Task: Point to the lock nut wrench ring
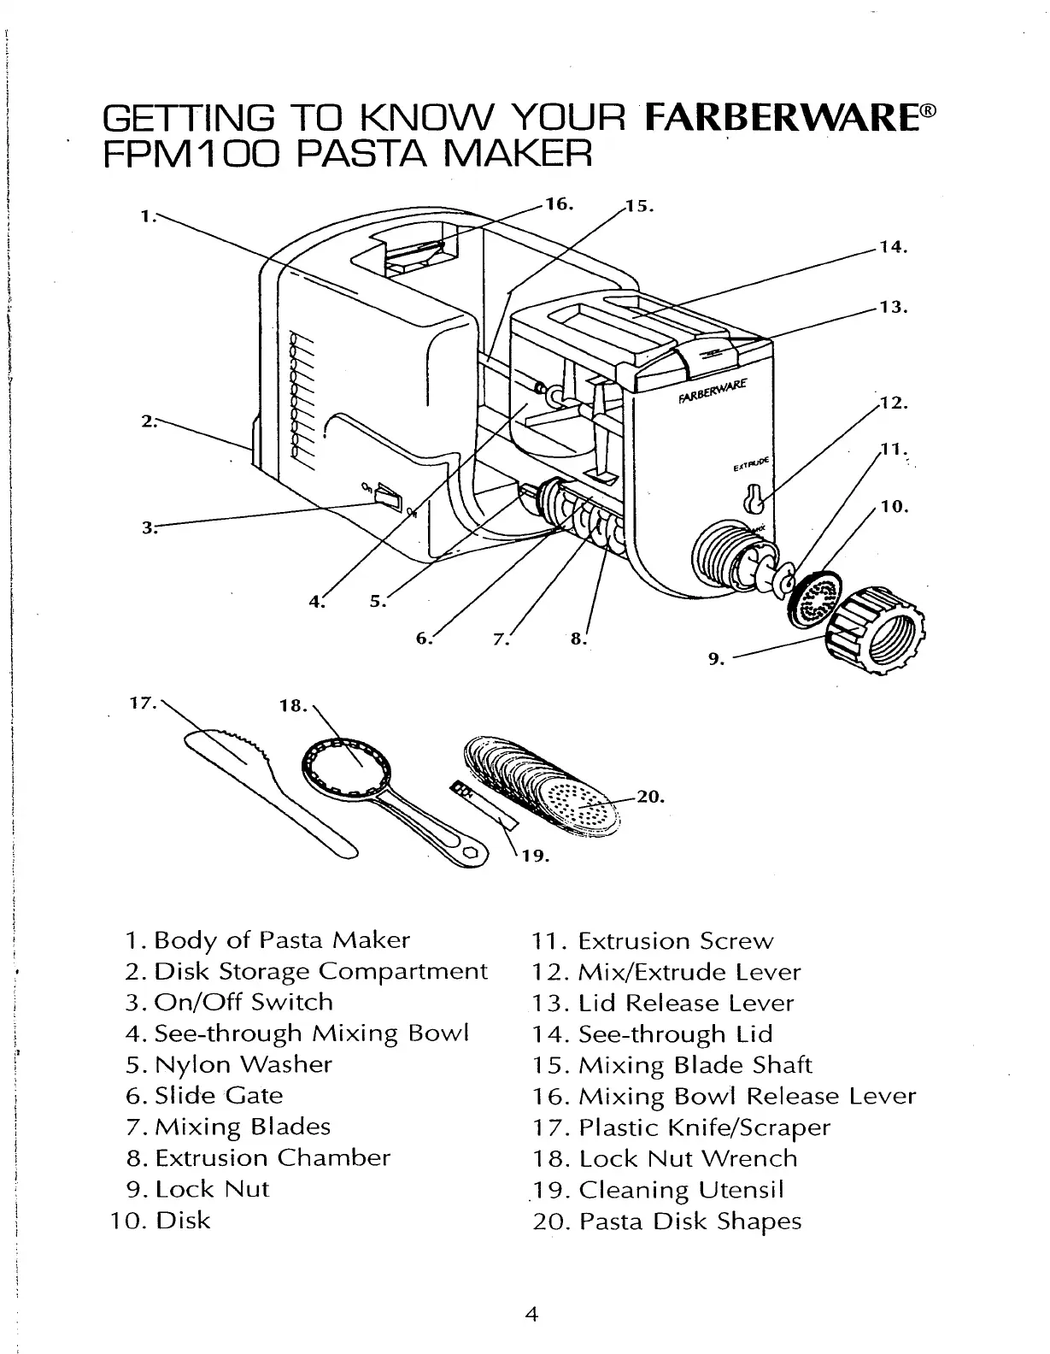tap(346, 765)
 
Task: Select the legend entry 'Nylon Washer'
tap(243, 1064)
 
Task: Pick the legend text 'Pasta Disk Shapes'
tap(690, 1221)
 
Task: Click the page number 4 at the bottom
tap(531, 1314)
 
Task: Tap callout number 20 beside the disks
tap(650, 797)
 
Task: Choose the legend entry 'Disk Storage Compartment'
tap(320, 972)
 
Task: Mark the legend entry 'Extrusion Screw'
tap(675, 941)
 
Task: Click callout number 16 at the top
tap(560, 205)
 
